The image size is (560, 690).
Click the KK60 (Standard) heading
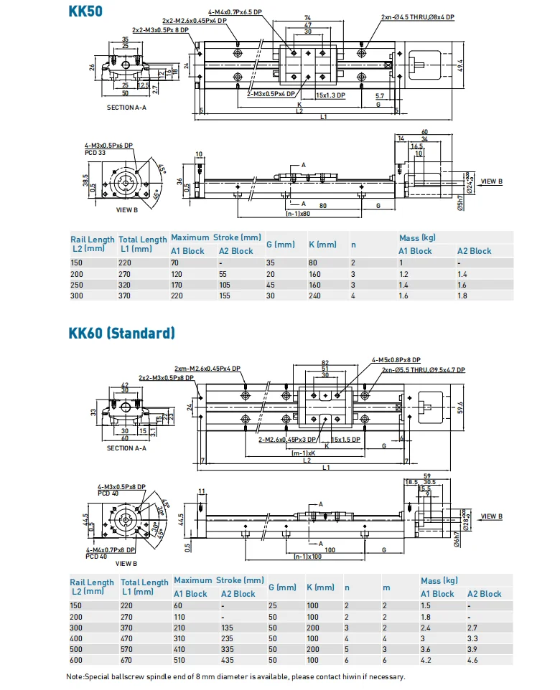(x=121, y=333)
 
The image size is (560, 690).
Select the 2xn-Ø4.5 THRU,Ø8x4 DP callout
(x=417, y=16)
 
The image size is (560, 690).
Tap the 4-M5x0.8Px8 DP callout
(x=396, y=360)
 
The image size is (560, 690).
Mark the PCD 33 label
(x=95, y=153)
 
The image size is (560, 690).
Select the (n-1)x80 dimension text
(x=299, y=214)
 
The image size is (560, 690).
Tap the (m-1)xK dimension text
(x=304, y=453)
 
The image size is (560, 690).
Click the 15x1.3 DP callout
(x=330, y=95)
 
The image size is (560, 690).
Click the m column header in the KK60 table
(x=386, y=587)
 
